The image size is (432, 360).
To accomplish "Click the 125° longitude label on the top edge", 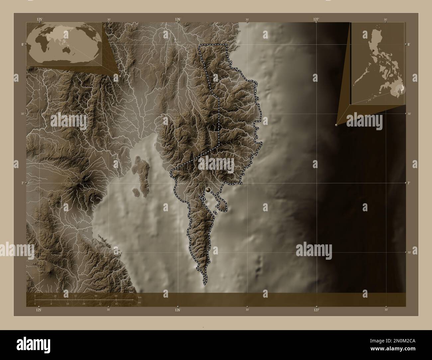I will click(40, 19).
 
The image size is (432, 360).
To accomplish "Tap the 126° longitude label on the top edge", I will click(178, 19).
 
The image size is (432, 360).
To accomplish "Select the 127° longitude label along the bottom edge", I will click(316, 310).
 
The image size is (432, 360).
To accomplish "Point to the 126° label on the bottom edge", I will click(178, 310).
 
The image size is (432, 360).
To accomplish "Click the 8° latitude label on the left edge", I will click(23, 44).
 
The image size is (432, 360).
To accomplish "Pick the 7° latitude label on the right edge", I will click(410, 183).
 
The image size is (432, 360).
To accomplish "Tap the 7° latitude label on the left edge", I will click(23, 183).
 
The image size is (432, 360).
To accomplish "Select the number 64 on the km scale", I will click(116, 296).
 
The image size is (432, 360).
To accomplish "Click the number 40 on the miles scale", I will click(116, 304).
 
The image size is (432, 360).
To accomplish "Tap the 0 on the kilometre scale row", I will click(35, 296).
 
